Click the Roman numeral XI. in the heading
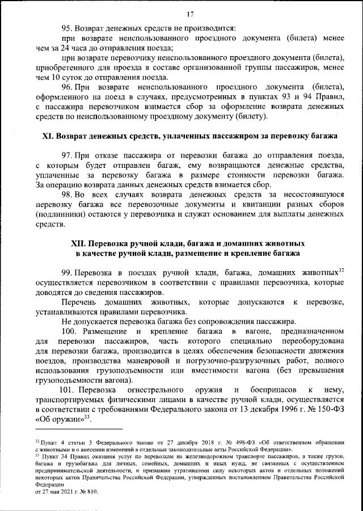tap(50, 137)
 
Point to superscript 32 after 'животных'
tap(341, 270)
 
